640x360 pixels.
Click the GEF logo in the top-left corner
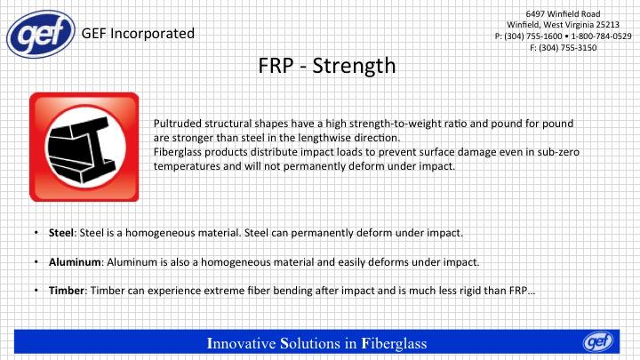point(41,34)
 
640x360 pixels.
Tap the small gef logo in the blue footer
point(598,341)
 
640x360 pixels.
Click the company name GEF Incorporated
point(138,34)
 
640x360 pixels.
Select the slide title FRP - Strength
point(327,65)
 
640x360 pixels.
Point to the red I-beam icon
point(84,147)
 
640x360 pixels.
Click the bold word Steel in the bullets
point(61,233)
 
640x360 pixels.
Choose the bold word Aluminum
point(75,262)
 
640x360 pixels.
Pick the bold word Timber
point(67,291)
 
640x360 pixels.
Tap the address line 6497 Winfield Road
point(563,14)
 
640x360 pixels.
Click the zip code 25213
point(608,25)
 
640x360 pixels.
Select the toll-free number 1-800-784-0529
point(601,36)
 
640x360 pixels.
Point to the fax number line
point(564,48)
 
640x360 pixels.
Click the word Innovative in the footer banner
point(241,343)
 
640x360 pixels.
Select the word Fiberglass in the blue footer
point(394,344)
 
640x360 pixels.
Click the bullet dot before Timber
point(36,291)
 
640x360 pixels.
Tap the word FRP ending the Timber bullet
point(518,291)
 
